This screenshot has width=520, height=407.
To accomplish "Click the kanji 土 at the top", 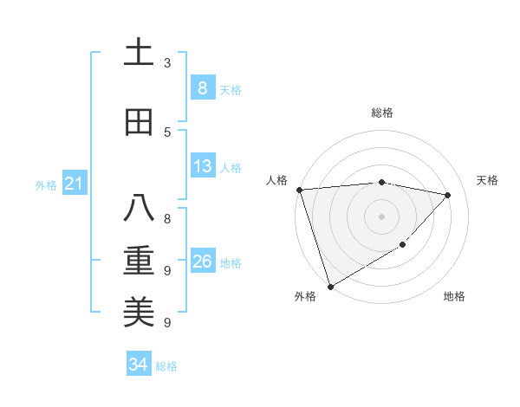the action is (x=139, y=53).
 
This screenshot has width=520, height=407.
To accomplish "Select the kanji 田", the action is (x=139, y=122).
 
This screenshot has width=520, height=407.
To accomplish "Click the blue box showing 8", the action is (x=202, y=87).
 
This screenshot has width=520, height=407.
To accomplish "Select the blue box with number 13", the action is (x=202, y=166).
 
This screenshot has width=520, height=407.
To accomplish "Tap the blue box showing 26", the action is (x=202, y=262).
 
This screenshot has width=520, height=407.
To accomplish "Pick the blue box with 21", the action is (x=74, y=184).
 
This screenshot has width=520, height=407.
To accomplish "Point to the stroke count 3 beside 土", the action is (x=167, y=63).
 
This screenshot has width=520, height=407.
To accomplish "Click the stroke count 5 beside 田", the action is (x=167, y=132).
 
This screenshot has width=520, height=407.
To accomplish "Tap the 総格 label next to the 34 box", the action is (x=166, y=366).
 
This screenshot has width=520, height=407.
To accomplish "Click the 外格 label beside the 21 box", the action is (x=45, y=184).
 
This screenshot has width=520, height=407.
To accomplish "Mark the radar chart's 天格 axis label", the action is (x=487, y=180).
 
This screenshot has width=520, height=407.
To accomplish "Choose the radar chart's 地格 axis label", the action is (x=454, y=297).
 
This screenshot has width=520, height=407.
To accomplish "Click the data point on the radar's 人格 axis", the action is (x=299, y=190).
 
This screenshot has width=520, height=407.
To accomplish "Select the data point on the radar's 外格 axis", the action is (x=330, y=286).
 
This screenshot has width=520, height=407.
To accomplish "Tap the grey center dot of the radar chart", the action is (x=381, y=216).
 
